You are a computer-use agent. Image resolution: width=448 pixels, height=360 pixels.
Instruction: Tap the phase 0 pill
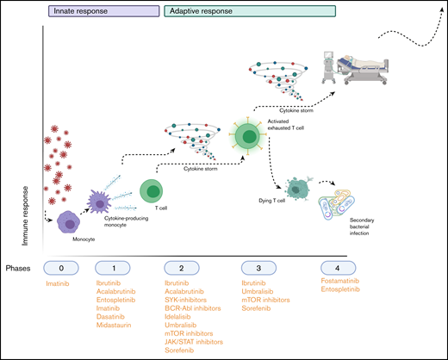[x=59, y=267]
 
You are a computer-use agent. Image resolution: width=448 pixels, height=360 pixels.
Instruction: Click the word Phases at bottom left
[x=23, y=268]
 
